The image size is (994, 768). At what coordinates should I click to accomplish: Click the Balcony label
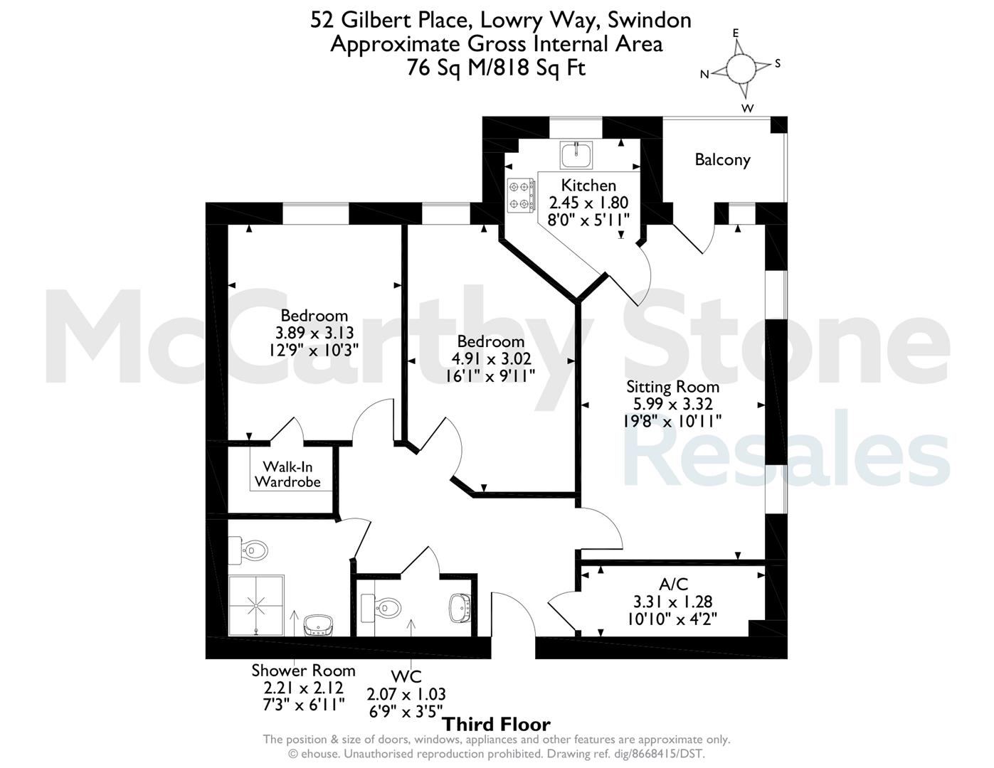722,160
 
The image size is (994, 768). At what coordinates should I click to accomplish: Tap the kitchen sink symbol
576,154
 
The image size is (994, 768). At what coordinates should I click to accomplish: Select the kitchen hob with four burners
521,195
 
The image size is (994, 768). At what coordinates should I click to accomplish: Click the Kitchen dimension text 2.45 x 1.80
588,203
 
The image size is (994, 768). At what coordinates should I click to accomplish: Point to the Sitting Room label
672,387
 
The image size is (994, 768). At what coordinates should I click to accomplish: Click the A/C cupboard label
673,585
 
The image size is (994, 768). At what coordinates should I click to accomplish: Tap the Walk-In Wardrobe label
287,474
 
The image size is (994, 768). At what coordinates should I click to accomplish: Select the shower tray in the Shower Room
256,605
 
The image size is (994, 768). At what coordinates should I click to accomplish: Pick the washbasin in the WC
460,608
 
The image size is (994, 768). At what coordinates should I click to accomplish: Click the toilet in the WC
381,608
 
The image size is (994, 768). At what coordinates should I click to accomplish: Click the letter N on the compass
704,75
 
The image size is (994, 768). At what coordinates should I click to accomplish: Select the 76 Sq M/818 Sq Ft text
497,68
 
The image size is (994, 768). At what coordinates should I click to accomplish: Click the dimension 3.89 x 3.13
314,333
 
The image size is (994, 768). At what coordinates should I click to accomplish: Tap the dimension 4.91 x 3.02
491,359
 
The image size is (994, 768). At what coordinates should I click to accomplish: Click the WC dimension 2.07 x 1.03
406,694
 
